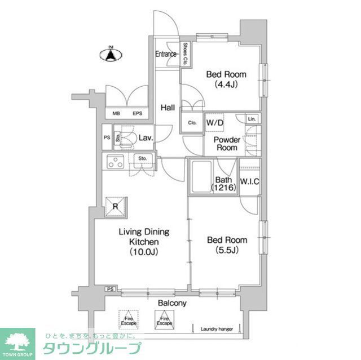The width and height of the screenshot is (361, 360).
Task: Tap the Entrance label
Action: click(x=166, y=55)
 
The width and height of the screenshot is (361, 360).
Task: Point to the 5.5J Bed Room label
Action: click(x=227, y=245)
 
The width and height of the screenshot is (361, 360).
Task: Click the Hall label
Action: click(x=167, y=108)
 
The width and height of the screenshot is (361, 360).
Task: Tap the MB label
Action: click(x=117, y=114)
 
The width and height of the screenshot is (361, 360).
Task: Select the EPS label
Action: click(x=137, y=114)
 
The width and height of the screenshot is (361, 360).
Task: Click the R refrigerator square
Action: click(x=116, y=207)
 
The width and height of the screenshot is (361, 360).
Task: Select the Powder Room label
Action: click(x=227, y=144)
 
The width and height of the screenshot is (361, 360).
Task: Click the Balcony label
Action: click(x=172, y=303)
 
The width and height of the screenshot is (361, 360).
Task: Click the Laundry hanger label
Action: click(x=217, y=329)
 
